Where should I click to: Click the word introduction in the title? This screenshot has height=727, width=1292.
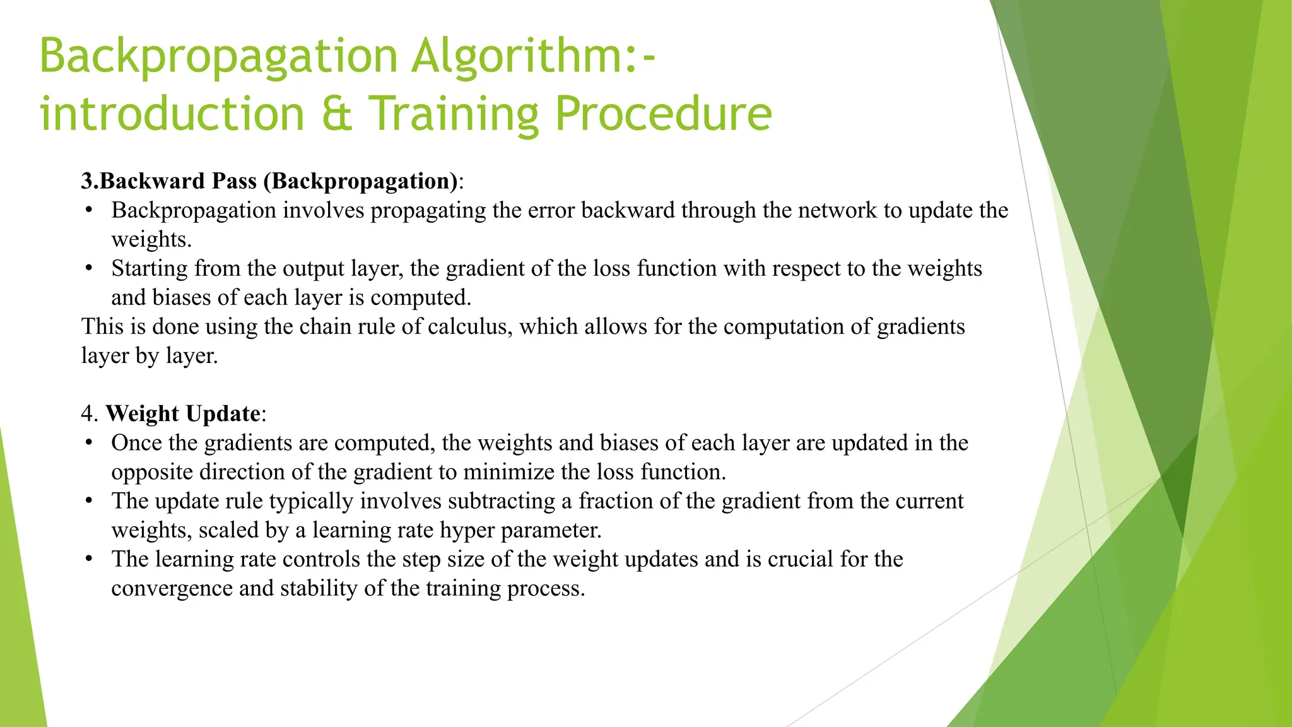[172, 114]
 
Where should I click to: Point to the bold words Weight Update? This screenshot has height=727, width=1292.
[183, 413]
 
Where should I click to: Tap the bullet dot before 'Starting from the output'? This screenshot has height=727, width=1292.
[89, 268]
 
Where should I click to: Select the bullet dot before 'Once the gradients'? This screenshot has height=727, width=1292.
[89, 442]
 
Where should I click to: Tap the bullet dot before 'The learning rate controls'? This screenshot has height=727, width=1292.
[89, 559]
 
